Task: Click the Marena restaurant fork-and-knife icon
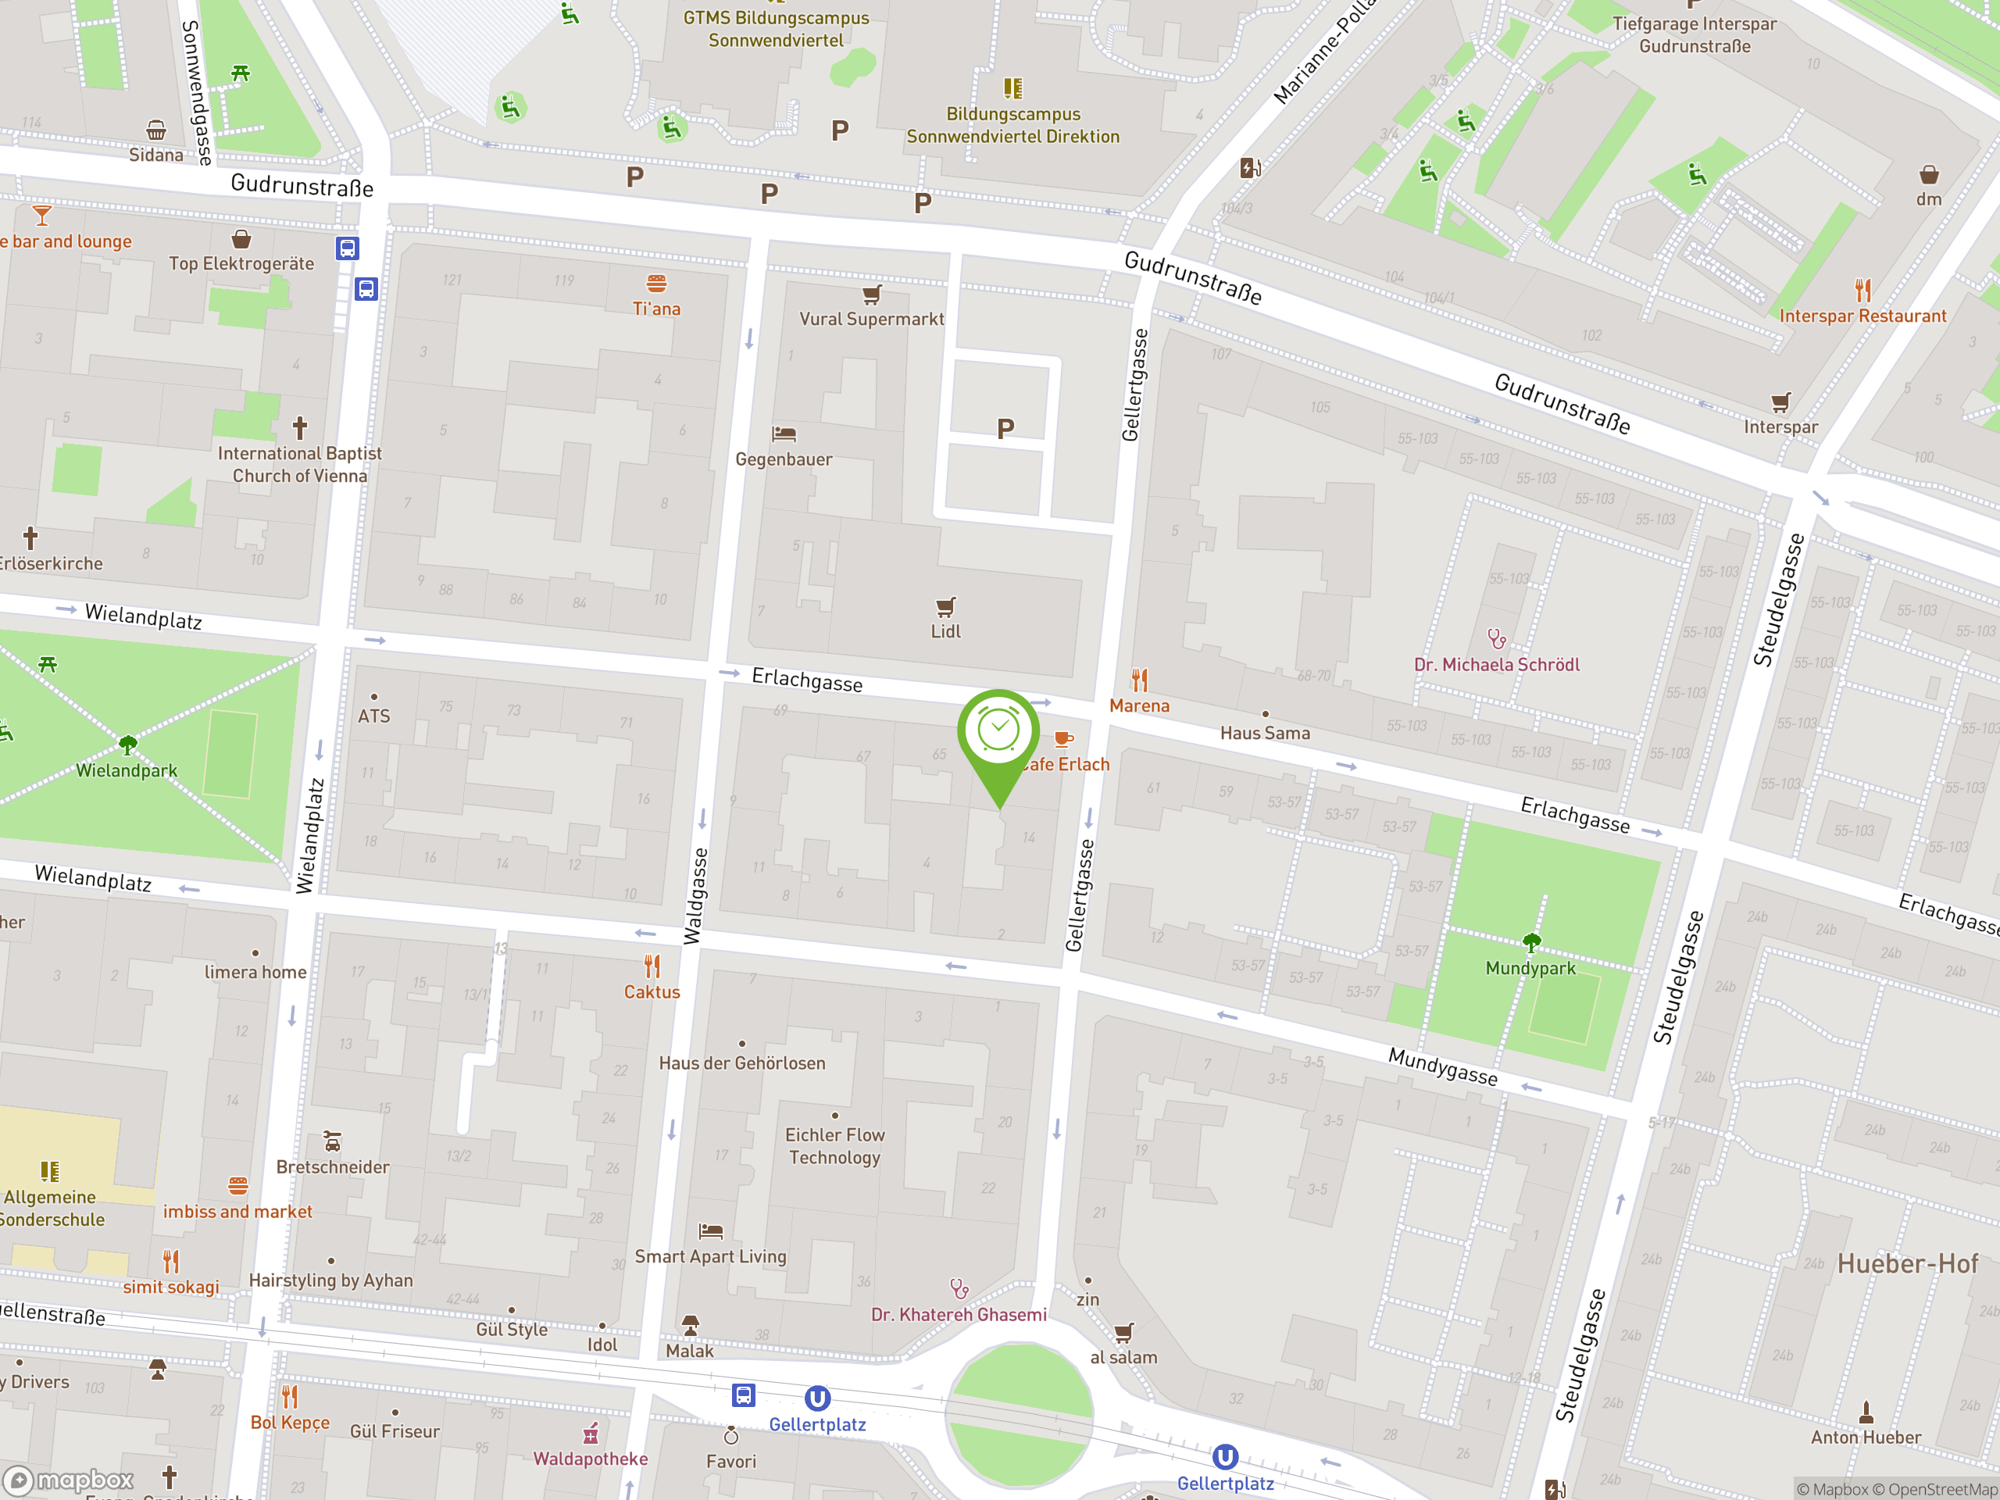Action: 1139,680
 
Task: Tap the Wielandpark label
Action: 127,770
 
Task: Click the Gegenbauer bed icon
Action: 783,434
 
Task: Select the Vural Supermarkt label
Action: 871,318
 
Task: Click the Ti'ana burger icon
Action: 656,283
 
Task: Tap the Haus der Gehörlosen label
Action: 741,1063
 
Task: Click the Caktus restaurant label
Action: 651,992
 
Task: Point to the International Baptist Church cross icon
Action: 300,426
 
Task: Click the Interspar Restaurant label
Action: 1862,316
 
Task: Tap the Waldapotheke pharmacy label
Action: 590,1459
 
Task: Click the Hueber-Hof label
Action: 1907,1263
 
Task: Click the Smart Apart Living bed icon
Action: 711,1230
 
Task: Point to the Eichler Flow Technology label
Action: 834,1145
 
